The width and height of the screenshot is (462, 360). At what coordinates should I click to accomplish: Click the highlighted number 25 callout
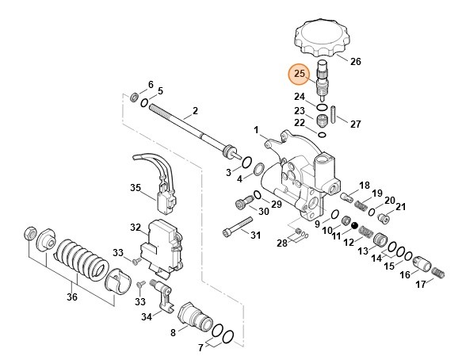click(x=300, y=75)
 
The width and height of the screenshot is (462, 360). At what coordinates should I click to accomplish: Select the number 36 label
click(x=71, y=297)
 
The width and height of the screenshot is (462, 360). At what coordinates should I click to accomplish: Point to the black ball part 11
click(x=346, y=226)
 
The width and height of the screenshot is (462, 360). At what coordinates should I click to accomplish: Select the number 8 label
click(x=173, y=333)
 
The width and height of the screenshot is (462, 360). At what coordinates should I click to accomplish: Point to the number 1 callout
click(x=256, y=129)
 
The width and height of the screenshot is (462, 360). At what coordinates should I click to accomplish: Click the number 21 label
click(x=401, y=207)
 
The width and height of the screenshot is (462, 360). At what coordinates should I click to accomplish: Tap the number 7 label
click(x=200, y=348)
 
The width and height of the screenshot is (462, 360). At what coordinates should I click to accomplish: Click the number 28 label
click(x=282, y=242)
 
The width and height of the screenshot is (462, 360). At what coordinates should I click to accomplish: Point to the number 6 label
click(x=151, y=85)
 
